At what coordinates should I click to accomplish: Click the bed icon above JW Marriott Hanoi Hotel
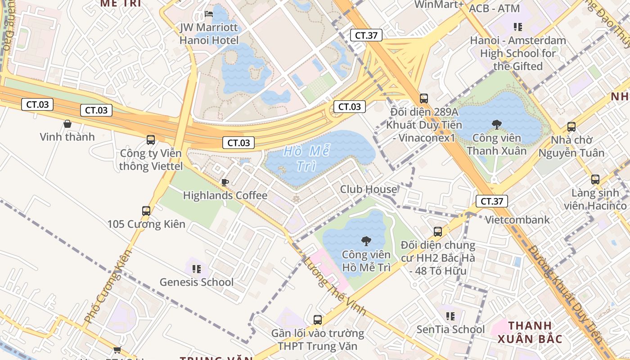pyautogui.click(x=209, y=14)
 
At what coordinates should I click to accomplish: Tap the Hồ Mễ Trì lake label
pyautogui.click(x=306, y=158)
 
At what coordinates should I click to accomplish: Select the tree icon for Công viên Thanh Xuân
pyautogui.click(x=497, y=124)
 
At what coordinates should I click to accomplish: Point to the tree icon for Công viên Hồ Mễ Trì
pyautogui.click(x=366, y=241)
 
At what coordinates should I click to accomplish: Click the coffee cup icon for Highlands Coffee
pyautogui.click(x=225, y=182)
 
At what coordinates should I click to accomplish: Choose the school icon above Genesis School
pyautogui.click(x=197, y=269)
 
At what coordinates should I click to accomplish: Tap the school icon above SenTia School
pyautogui.click(x=450, y=316)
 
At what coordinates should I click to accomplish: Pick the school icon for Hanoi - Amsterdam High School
pyautogui.click(x=518, y=27)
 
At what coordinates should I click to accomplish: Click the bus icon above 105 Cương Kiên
pyautogui.click(x=146, y=211)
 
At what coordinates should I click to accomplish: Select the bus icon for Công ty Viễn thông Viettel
pyautogui.click(x=151, y=140)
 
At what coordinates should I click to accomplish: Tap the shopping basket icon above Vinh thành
pyautogui.click(x=67, y=124)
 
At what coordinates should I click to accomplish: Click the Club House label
pyautogui.click(x=369, y=189)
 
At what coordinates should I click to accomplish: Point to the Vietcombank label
pyautogui.click(x=517, y=220)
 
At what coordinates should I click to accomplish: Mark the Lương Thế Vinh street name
pyautogui.click(x=334, y=286)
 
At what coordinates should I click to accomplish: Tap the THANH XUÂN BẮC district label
pyautogui.click(x=530, y=332)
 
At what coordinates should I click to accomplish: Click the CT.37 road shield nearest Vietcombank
pyautogui.click(x=491, y=201)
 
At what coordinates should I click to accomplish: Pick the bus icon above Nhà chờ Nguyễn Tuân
pyautogui.click(x=571, y=127)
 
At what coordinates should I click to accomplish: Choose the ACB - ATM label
pyautogui.click(x=494, y=9)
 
